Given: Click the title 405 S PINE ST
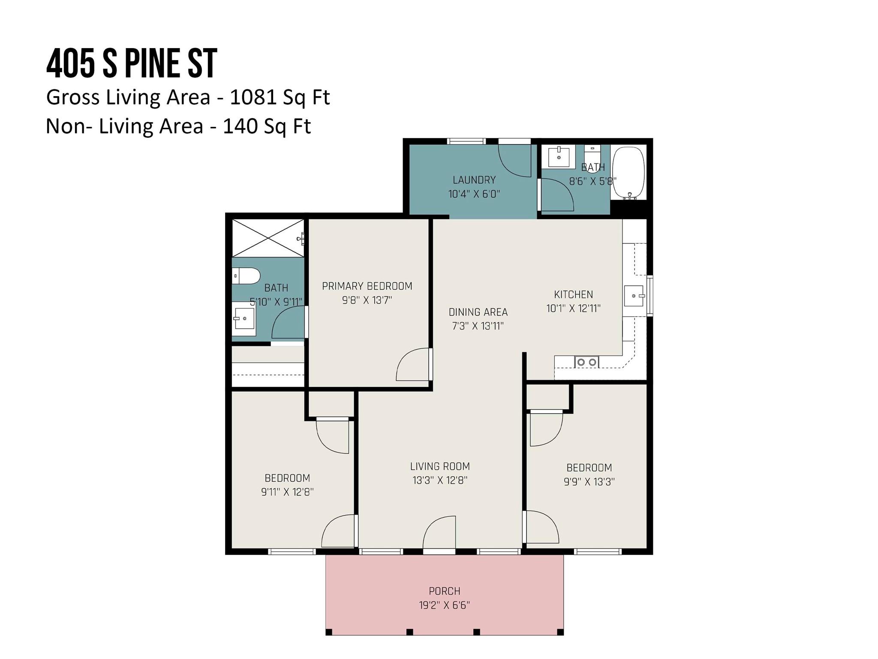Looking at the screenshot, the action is point(132,63).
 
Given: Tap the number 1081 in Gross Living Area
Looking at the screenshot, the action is point(253,97).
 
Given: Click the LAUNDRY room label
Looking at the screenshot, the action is point(474,180).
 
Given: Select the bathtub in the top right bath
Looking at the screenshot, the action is point(628,173).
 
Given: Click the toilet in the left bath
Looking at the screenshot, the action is point(246,276).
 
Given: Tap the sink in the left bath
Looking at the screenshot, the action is point(244,319).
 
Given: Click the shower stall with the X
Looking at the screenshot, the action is point(268,238).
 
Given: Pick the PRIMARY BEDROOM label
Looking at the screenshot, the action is point(367,286).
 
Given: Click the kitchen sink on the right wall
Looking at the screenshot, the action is point(634,296).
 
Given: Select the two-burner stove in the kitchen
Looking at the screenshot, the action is point(586,362).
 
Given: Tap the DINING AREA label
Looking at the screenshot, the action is point(478,312).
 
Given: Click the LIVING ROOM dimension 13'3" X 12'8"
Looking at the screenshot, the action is point(440,480).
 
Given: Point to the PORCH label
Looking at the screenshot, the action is point(445,591).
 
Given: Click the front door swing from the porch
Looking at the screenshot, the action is point(439,532).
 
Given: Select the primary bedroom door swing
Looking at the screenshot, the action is point(413,364).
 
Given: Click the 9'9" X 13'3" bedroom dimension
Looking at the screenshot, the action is point(589,482).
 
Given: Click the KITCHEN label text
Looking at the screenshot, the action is point(574,295).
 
